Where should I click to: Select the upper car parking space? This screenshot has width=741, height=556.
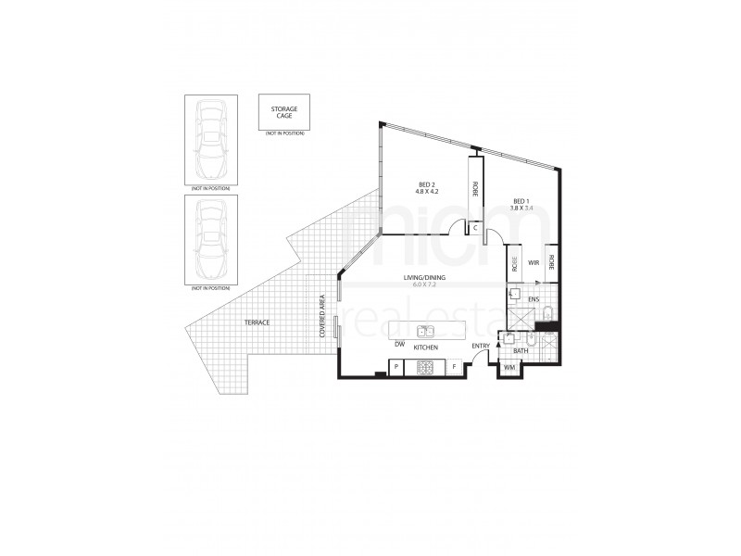pyautogui.click(x=211, y=140)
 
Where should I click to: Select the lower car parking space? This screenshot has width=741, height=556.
pyautogui.click(x=211, y=241)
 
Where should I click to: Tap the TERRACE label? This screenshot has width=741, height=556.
pyautogui.click(x=257, y=321)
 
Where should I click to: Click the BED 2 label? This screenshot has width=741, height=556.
pyautogui.click(x=425, y=186)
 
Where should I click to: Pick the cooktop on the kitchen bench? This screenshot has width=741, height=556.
pyautogui.click(x=426, y=368)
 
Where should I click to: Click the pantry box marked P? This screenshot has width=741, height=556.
pyautogui.click(x=396, y=368)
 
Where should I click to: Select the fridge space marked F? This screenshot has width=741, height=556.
pyautogui.click(x=455, y=368)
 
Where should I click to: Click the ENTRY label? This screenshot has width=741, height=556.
pyautogui.click(x=480, y=347)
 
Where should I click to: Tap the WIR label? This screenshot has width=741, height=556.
pyautogui.click(x=534, y=263)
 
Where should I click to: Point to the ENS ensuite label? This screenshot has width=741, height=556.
pyautogui.click(x=534, y=299)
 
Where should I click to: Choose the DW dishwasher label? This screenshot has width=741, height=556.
pyautogui.click(x=398, y=345)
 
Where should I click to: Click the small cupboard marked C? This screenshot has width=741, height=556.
pyautogui.click(x=475, y=226)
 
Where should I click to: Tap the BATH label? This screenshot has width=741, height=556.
pyautogui.click(x=521, y=350)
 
